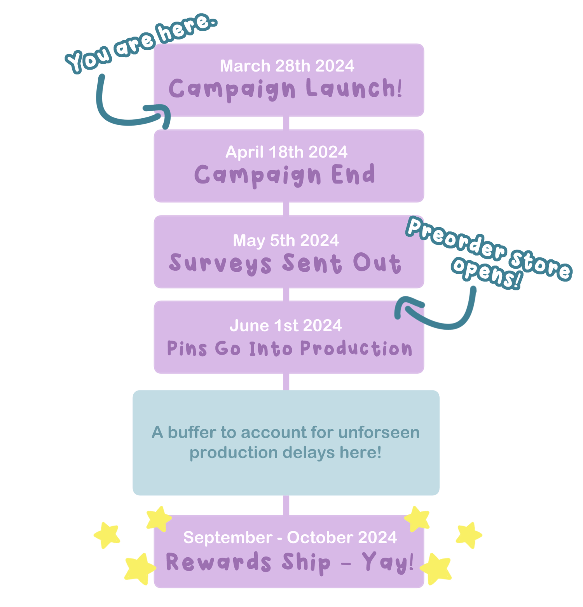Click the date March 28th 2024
click(x=287, y=66)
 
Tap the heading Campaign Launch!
click(x=285, y=89)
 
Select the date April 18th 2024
click(x=286, y=152)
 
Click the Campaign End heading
click(x=285, y=175)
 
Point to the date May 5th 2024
click(x=286, y=240)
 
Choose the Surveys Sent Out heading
click(x=285, y=263)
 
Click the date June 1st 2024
click(x=286, y=325)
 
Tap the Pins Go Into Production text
click(x=289, y=348)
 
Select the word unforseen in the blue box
click(x=379, y=432)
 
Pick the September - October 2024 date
click(x=290, y=537)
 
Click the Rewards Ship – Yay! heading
click(x=290, y=563)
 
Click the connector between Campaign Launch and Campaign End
click(x=286, y=123)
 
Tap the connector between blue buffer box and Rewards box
click(x=286, y=505)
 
